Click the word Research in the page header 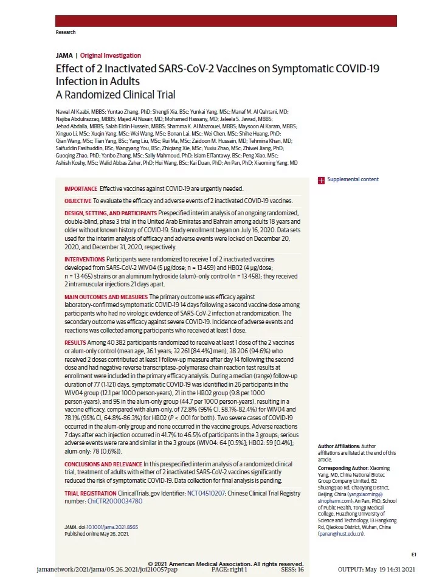click(65, 32)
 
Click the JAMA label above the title click(64, 56)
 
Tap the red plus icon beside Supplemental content click(321, 180)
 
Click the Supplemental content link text click(353, 179)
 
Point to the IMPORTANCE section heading click(80, 189)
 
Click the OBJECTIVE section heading click(78, 201)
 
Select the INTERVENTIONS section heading click(85, 259)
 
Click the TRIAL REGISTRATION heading click(89, 493)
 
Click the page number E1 click(413, 555)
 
